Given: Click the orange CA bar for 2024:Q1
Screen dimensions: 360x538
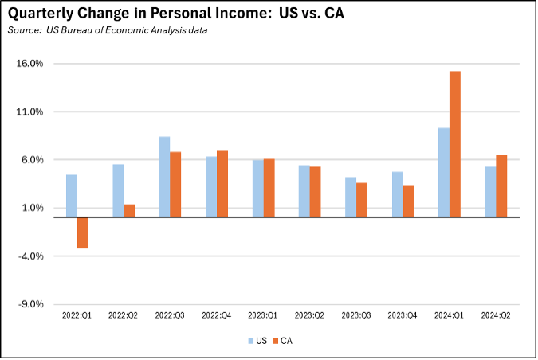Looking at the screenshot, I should point(455,144).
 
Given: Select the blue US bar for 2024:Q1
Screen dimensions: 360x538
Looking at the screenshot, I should point(444,172).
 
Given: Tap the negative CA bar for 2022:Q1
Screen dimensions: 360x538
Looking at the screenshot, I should point(83,233).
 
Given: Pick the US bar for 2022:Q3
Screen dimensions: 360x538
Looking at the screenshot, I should point(164,177).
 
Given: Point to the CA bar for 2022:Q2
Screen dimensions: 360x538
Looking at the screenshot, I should point(129,211).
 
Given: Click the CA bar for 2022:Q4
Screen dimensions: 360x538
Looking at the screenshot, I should point(222,183).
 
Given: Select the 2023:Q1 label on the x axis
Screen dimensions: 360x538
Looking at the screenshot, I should point(263,316).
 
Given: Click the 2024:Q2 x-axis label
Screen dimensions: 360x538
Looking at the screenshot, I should point(496,316).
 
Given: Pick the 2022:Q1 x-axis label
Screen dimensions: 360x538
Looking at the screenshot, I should point(77,316).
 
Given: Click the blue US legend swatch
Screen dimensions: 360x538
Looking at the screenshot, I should point(250,341).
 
